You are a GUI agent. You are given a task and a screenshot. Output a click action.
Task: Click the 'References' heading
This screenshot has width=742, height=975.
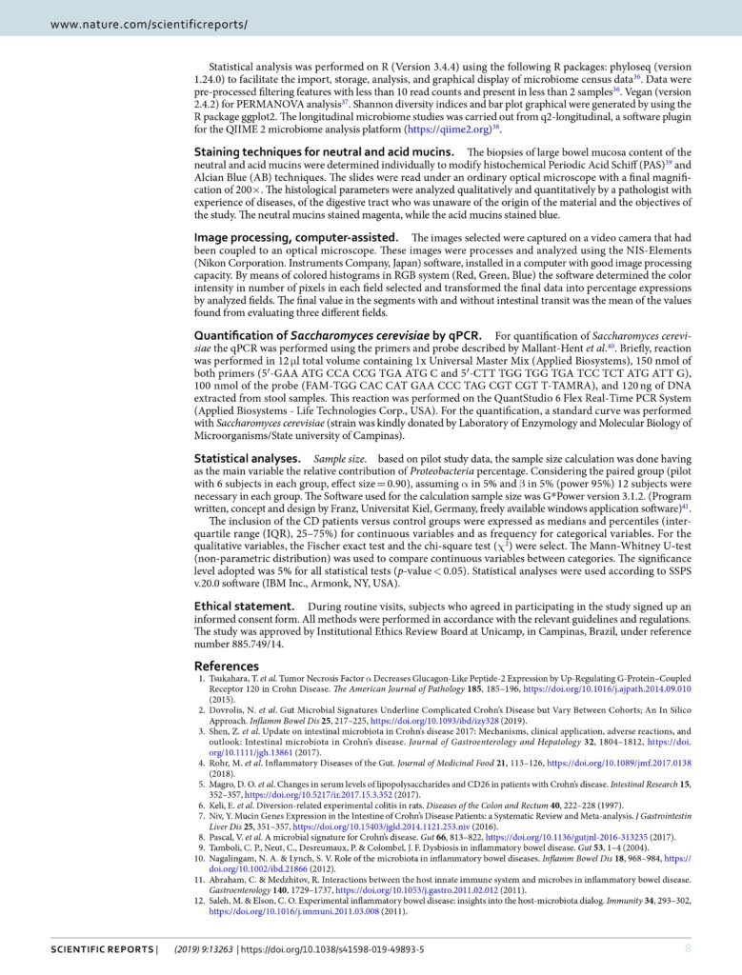tap(227, 666)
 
